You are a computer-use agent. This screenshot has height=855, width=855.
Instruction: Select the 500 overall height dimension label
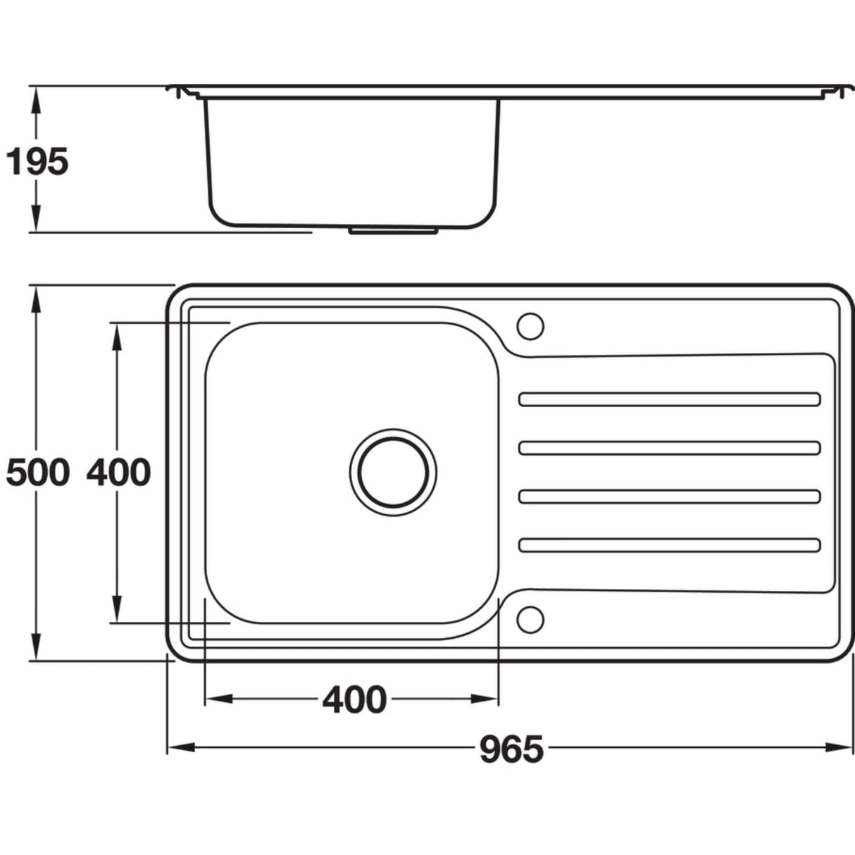pos(38,473)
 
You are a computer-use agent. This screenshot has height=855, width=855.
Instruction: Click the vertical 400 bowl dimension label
pos(118,473)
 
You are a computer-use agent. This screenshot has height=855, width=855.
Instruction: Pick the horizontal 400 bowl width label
pos(354,700)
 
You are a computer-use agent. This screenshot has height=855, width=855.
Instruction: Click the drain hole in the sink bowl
pos(393,473)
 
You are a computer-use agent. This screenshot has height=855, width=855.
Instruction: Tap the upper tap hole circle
pos(530,327)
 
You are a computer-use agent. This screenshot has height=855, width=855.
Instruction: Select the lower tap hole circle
pos(530,620)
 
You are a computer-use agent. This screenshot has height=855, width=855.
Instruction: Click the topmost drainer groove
pos(670,399)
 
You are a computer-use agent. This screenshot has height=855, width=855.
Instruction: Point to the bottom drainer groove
pos(670,545)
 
